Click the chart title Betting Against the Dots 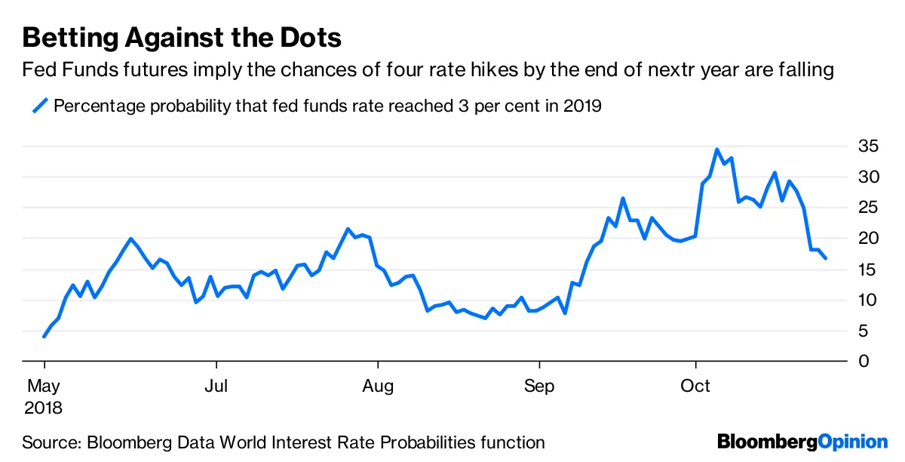click(182, 38)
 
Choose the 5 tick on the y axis click(864, 331)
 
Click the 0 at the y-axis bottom click(864, 362)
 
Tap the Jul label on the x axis click(216, 387)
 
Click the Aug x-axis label click(378, 387)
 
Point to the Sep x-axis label click(539, 387)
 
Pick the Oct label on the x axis click(695, 387)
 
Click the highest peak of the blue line click(716, 149)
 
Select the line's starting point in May click(44, 337)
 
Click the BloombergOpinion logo click(802, 442)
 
